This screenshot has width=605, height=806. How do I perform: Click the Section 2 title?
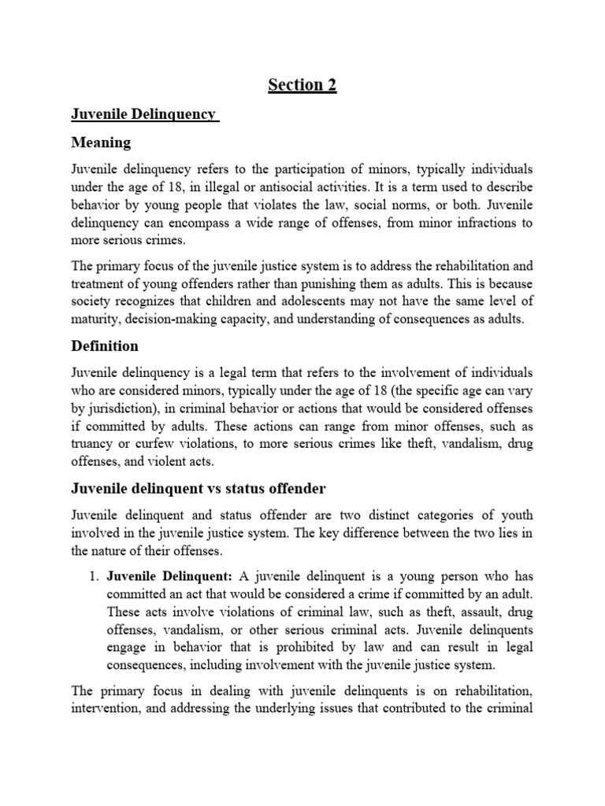302,85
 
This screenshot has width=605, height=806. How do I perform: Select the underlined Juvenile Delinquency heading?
143,114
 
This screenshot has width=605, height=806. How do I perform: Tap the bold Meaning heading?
102,143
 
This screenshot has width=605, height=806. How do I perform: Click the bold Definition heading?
105,346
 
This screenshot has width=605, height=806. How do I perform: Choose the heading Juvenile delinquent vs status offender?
198,489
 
